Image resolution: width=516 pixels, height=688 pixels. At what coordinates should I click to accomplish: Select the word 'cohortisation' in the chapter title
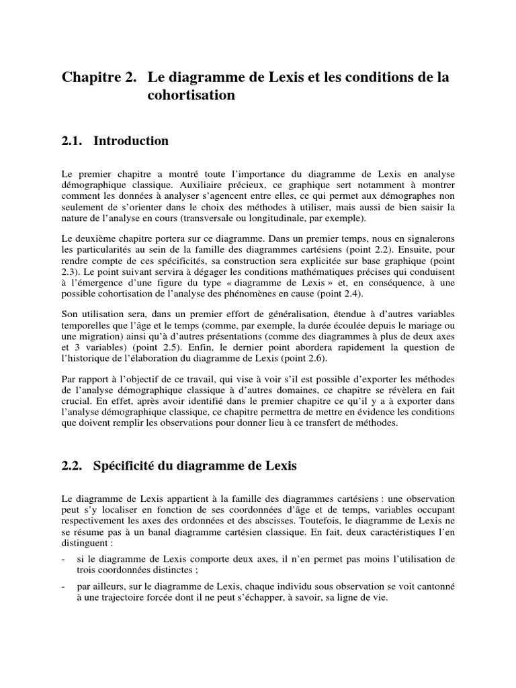(191, 95)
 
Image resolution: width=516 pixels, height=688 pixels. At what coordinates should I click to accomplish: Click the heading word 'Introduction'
(131, 141)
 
